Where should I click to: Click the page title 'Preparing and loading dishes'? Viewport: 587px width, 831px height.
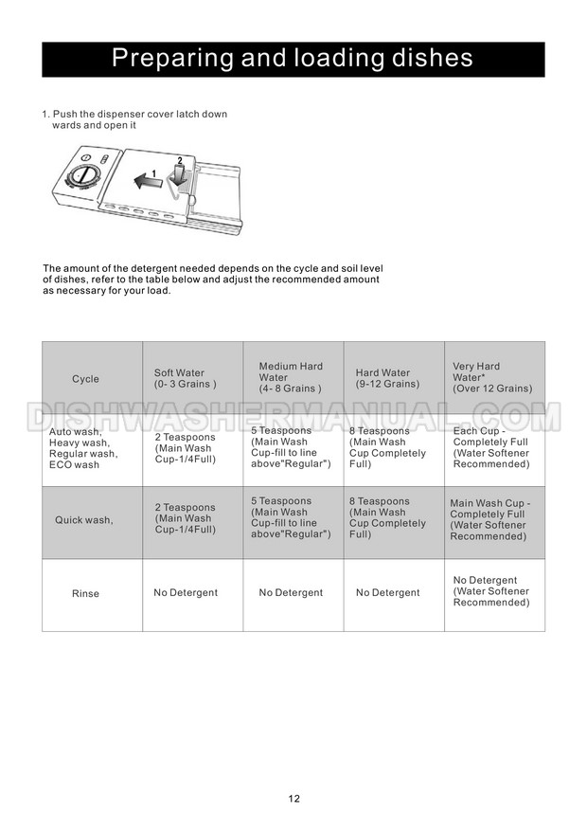[x=293, y=59]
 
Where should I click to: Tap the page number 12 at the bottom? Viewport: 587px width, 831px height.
[x=294, y=799]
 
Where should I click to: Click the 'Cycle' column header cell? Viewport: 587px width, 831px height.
[x=85, y=379]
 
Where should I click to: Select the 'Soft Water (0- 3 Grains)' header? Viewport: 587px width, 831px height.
[x=185, y=379]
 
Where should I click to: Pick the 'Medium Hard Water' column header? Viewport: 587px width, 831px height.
[x=291, y=377]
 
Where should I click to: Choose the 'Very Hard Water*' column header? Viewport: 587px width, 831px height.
[x=492, y=377]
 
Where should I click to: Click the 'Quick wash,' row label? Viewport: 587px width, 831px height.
[x=85, y=520]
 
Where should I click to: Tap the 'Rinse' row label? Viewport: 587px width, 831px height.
[x=85, y=594]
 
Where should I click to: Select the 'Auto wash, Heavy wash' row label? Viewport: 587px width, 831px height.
[x=84, y=448]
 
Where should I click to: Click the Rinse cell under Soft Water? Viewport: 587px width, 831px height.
[x=186, y=593]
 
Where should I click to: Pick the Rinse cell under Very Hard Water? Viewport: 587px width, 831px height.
[x=491, y=591]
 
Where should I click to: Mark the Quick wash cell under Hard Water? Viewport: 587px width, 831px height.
[x=387, y=517]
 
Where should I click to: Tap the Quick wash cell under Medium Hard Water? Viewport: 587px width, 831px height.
[x=291, y=517]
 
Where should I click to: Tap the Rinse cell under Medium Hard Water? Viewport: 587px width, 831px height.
[x=291, y=593]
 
